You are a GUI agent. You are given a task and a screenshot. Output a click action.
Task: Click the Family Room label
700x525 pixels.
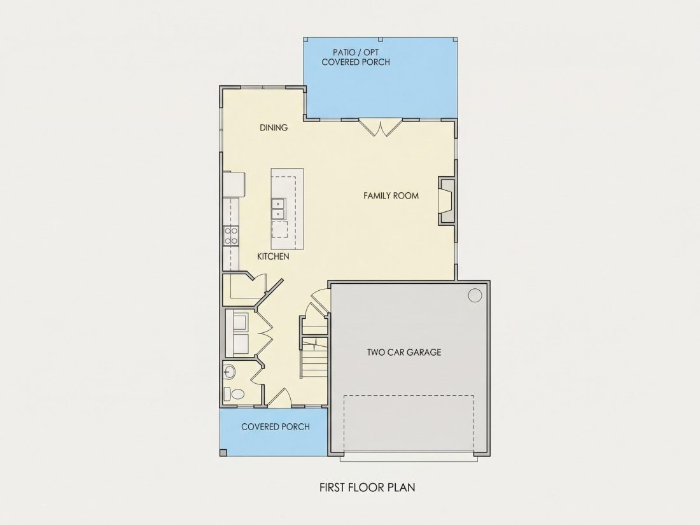coord(391,195)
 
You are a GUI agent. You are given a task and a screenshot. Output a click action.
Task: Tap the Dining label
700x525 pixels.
coord(274,128)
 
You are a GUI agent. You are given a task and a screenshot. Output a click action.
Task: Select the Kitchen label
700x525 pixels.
coord(273,256)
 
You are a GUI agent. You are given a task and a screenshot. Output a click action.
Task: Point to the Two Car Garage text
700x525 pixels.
coord(404,353)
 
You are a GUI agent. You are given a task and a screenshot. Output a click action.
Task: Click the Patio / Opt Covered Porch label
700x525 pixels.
coord(356,57)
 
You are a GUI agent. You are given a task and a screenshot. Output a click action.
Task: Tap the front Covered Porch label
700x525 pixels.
coord(276,427)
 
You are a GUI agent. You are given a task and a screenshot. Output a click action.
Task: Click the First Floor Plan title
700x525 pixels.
coord(367,487)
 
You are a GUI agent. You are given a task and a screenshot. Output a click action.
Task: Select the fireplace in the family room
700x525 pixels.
coord(447,200)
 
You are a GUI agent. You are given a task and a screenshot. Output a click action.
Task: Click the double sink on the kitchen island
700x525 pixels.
coord(278,209)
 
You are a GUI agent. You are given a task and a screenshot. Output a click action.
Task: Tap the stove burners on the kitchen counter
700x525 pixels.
coord(230,235)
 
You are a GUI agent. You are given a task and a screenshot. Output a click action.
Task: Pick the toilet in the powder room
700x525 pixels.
coord(234,394)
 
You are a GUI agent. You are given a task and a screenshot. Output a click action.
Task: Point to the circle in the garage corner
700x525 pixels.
coord(475,295)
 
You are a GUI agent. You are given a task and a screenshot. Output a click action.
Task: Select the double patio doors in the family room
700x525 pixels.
coord(381,127)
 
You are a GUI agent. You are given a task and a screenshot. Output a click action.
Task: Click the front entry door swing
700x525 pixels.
coord(279,397)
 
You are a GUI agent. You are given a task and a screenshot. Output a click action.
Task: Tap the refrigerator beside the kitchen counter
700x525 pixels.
coord(234,184)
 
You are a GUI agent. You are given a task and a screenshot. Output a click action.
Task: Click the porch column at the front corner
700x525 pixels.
coord(223,453)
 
